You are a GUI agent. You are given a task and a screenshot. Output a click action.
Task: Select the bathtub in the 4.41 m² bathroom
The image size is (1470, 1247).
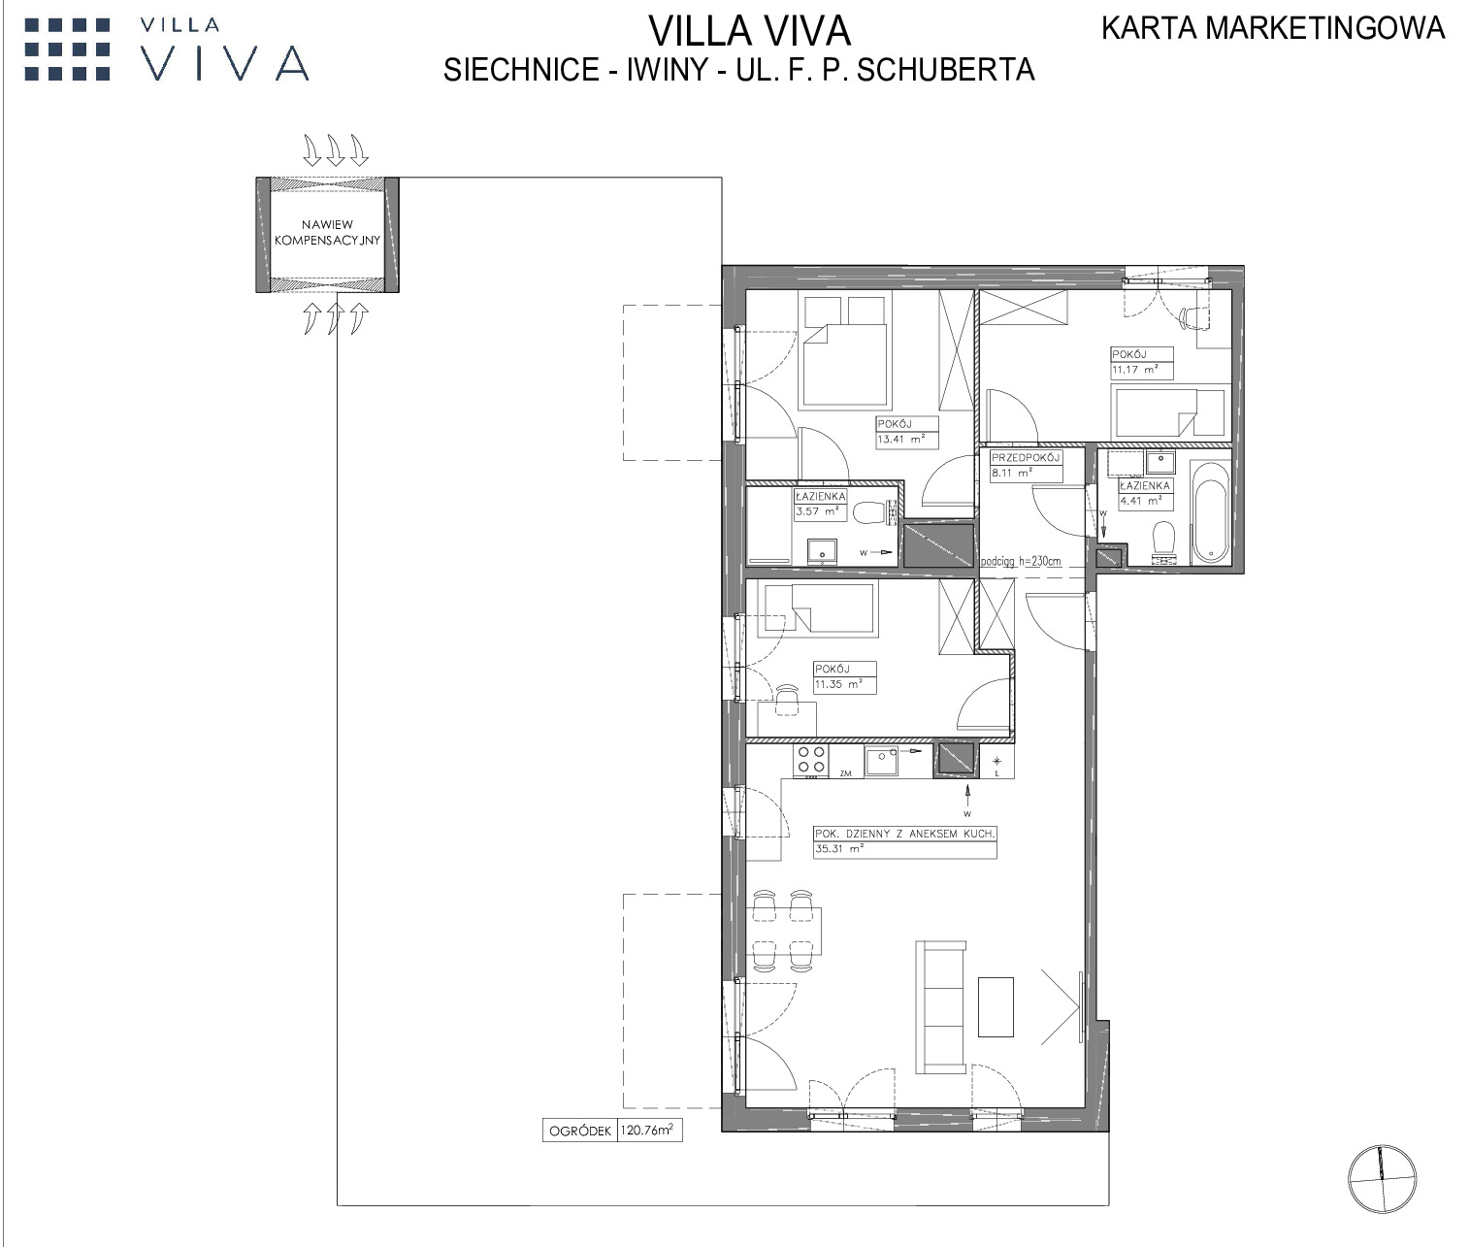[x=1210, y=512]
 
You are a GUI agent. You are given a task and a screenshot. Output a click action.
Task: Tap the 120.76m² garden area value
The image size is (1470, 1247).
[x=647, y=1130]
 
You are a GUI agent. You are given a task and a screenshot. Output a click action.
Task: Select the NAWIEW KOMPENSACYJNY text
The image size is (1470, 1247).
[x=327, y=233]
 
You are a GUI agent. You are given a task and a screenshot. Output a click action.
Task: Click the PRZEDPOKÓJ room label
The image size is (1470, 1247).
[x=1026, y=457]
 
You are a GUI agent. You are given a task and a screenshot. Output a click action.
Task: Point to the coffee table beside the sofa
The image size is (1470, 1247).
[x=996, y=1006]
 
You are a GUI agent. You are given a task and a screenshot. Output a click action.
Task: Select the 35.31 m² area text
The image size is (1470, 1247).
[x=839, y=848]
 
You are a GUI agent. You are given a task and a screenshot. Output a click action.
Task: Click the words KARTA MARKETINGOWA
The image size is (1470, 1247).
[x=1273, y=29]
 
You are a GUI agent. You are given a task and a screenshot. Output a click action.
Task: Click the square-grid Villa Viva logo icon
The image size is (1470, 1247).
[x=68, y=49]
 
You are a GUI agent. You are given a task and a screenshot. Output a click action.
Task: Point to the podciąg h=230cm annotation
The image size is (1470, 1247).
[x=1021, y=561]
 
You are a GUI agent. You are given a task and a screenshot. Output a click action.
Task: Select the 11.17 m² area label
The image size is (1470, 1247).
[x=1135, y=370]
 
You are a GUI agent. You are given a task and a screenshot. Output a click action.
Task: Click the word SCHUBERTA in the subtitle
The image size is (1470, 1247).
[x=946, y=70]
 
